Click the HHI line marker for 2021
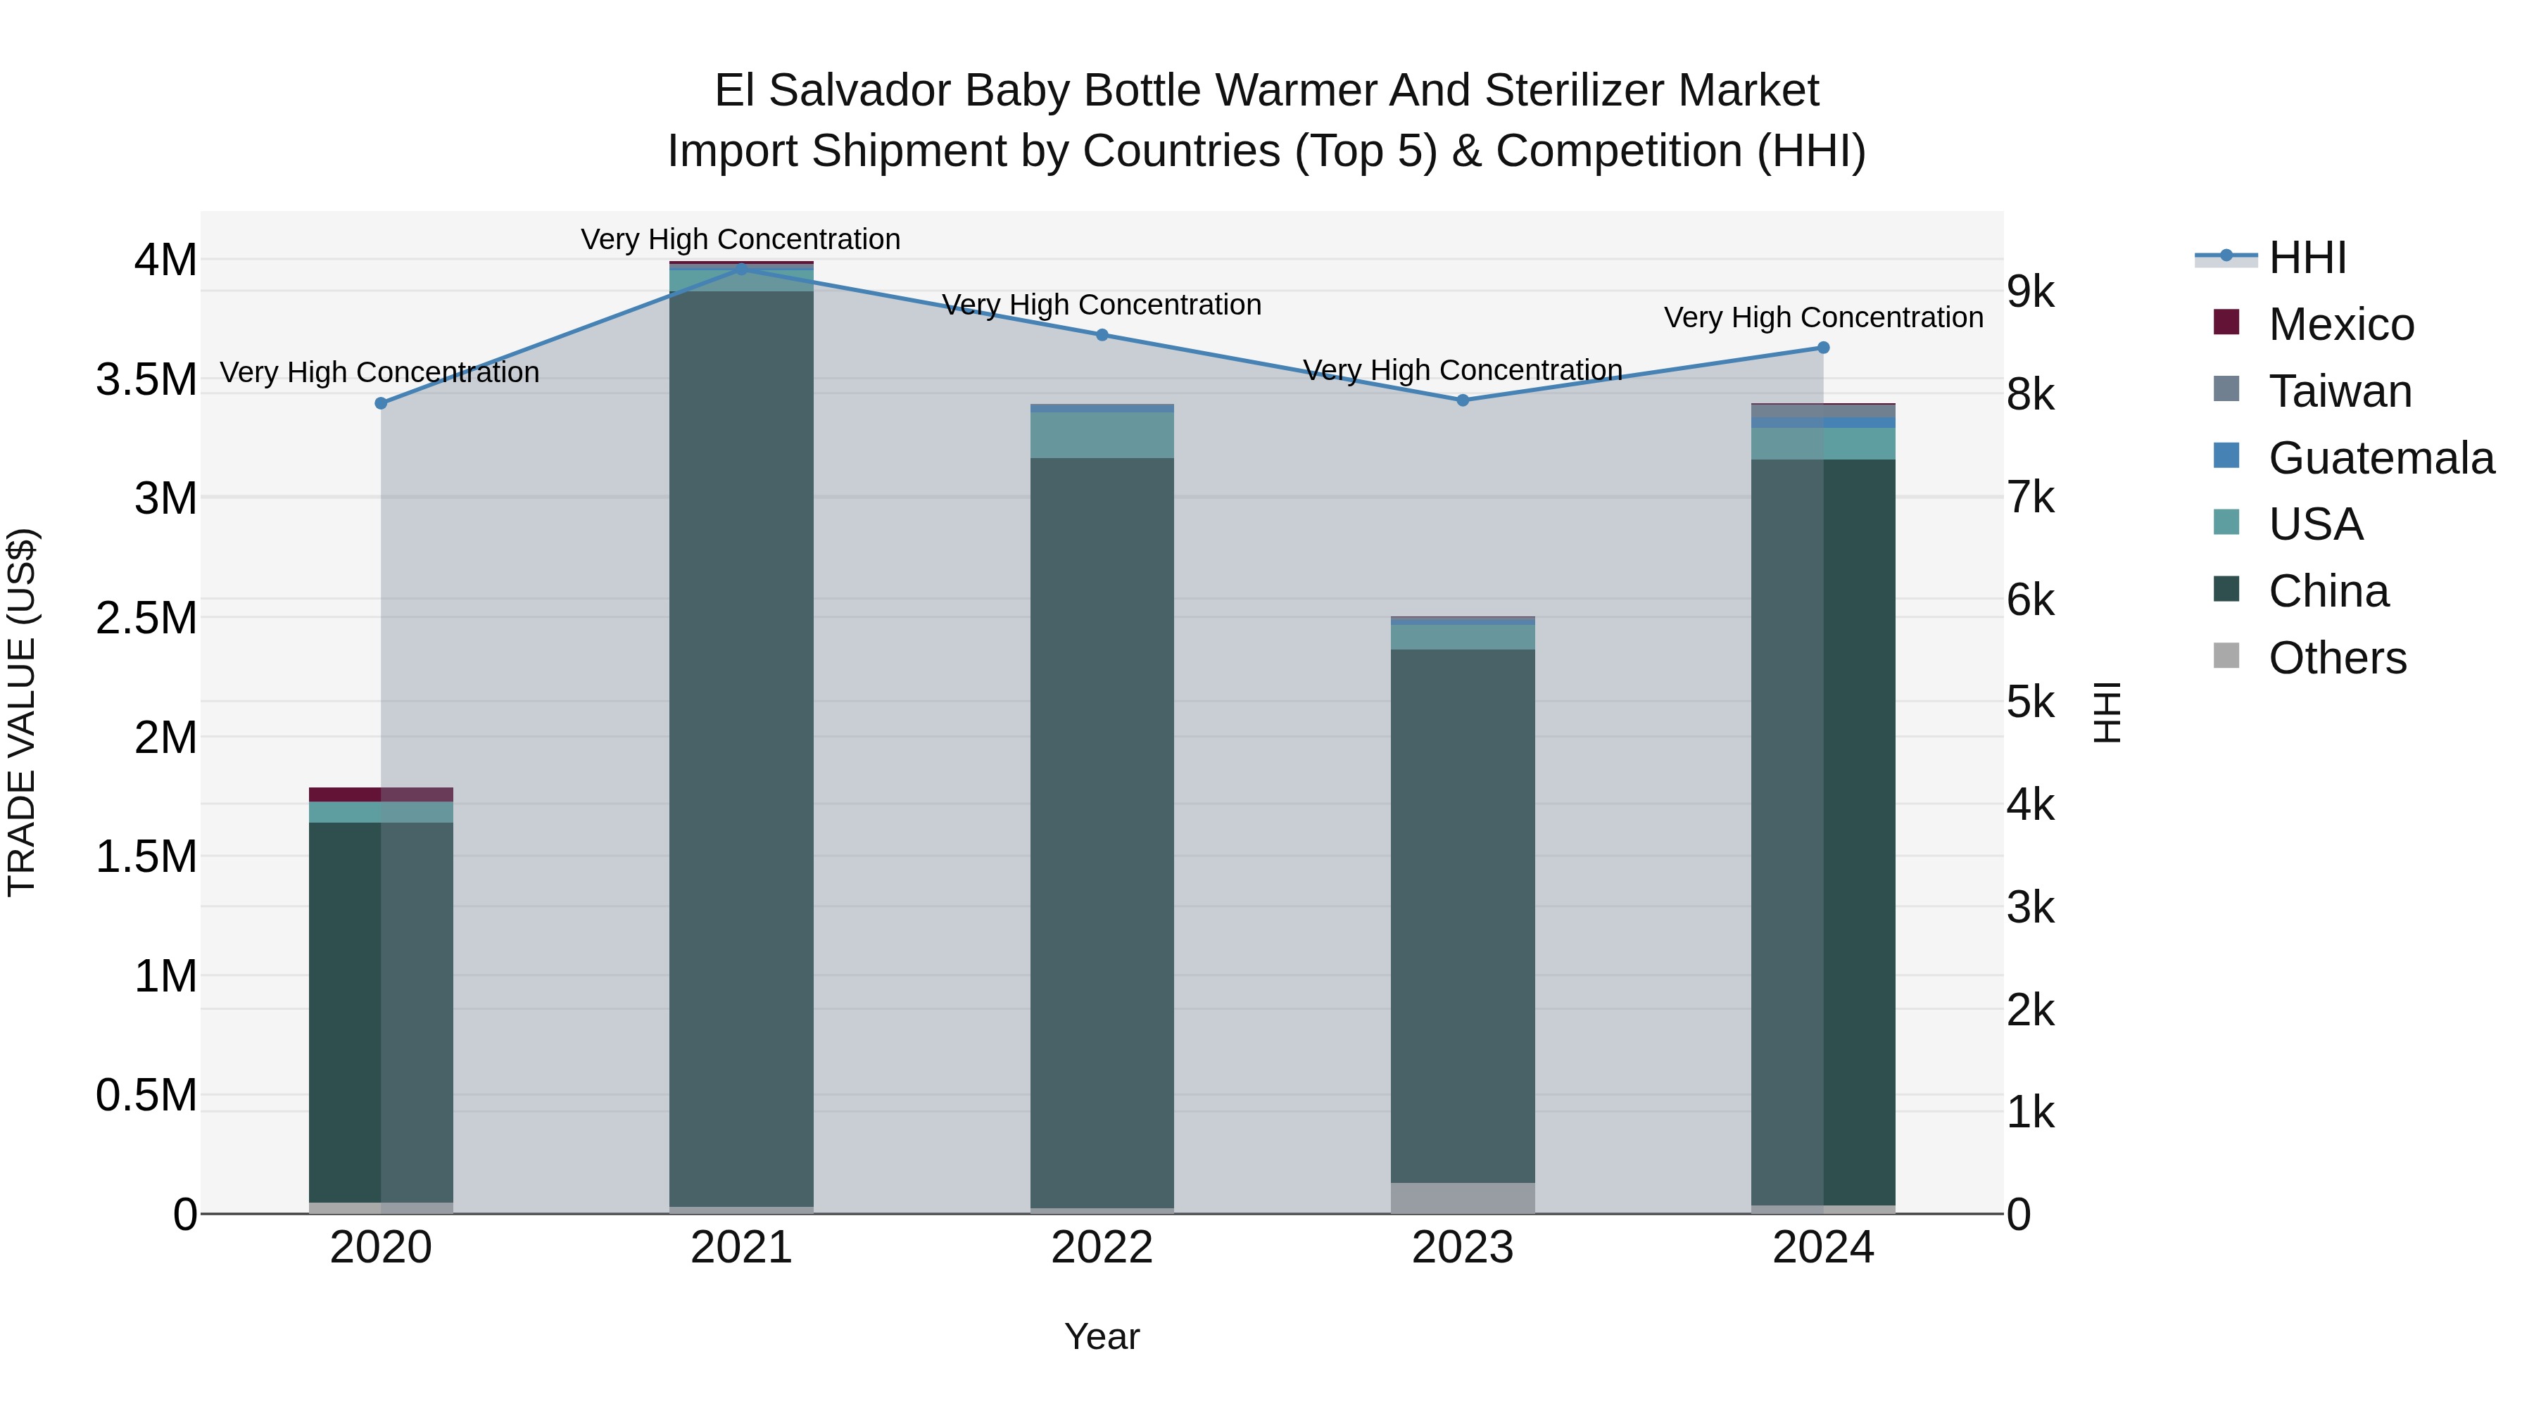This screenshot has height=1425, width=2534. (740, 267)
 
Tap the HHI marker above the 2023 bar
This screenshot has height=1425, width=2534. (1462, 400)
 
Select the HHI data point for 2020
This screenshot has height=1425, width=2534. (381, 403)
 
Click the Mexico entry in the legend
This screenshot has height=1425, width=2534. (2340, 324)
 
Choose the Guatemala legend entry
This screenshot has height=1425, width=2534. (2381, 458)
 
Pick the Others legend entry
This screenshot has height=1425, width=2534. (2336, 658)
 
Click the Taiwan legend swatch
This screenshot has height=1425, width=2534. (2226, 389)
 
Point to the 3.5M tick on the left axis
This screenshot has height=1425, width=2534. (146, 379)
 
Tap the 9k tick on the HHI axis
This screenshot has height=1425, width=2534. (2030, 292)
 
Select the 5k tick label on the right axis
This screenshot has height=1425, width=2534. (2030, 703)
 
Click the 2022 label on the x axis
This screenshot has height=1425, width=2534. (1102, 1248)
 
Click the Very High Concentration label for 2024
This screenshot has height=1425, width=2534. (1823, 317)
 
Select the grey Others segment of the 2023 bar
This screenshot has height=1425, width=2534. (1462, 1198)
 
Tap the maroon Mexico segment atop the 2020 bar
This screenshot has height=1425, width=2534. (381, 794)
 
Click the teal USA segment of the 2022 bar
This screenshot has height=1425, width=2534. (1102, 436)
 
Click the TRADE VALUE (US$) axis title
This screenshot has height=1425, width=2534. (22, 712)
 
